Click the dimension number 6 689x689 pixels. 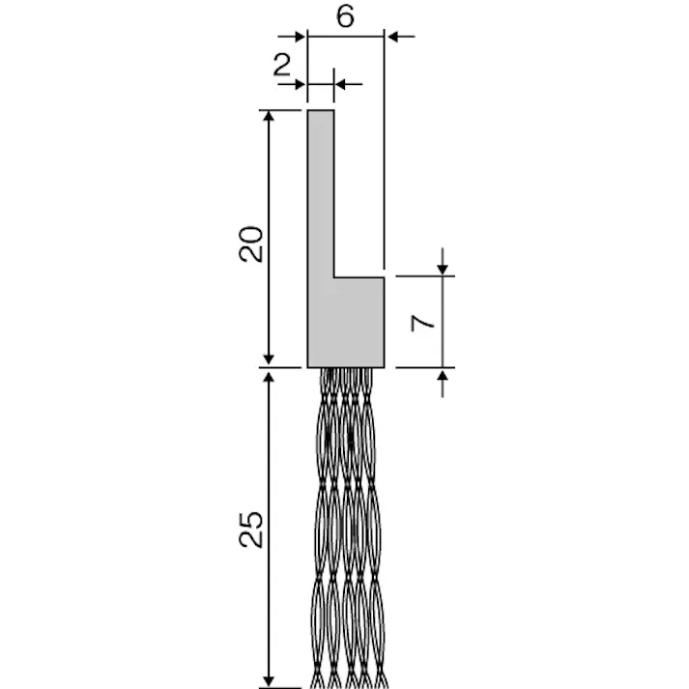coord(346,16)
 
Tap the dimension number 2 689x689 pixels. coord(282,65)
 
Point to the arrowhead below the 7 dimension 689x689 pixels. coord(443,376)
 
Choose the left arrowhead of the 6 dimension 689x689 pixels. coord(300,36)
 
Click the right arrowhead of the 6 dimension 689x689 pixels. coord(393,36)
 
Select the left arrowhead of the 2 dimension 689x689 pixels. coord(300,85)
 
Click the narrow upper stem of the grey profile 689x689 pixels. coord(321,193)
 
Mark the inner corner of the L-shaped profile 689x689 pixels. coord(334,277)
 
